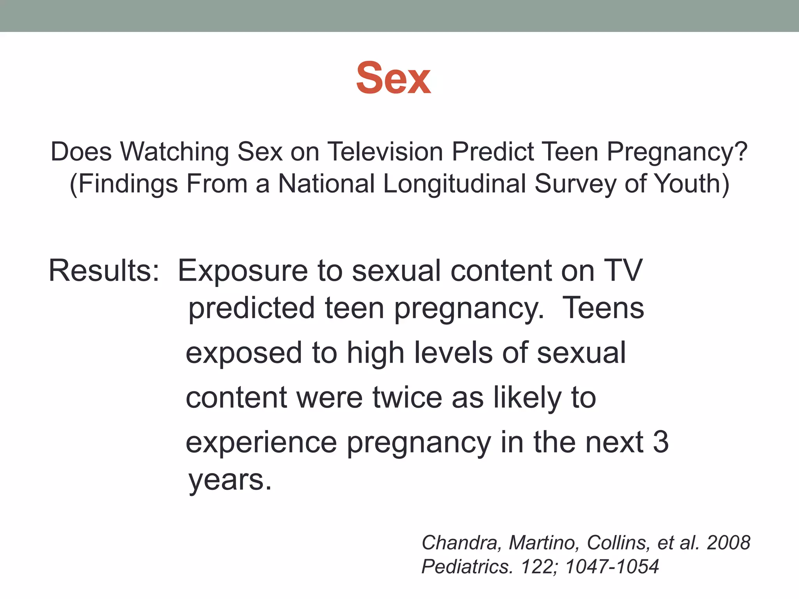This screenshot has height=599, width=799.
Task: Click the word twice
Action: tap(407, 398)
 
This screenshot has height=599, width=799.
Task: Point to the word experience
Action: tap(261, 443)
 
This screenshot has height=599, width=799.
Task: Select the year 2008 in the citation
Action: tap(728, 543)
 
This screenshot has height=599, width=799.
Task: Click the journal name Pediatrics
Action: tap(467, 567)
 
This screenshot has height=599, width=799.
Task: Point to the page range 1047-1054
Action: tap(612, 567)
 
